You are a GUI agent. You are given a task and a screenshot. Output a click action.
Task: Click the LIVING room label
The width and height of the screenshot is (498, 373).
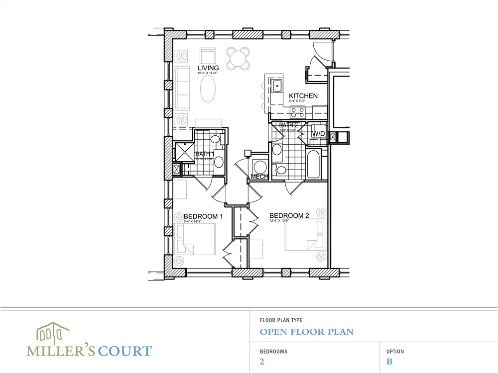point(208,68)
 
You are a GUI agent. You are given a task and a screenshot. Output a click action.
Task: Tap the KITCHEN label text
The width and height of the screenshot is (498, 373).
point(303,96)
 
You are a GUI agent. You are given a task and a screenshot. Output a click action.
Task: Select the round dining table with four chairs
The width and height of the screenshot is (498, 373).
point(238,58)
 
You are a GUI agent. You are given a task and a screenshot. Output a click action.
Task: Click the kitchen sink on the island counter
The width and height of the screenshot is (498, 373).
point(277,85)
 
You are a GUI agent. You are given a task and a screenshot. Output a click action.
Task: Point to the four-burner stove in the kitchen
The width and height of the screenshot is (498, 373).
point(298,112)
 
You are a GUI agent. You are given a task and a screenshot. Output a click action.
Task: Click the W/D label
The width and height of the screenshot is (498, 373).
point(318,134)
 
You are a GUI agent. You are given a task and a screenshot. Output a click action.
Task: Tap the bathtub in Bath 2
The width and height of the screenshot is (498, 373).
point(313,165)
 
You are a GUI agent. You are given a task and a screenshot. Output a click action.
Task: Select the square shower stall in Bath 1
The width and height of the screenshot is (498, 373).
point(184,152)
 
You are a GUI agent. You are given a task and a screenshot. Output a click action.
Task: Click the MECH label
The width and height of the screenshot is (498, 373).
point(259,177)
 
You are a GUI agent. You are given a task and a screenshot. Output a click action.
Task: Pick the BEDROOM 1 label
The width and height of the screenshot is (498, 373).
point(203,216)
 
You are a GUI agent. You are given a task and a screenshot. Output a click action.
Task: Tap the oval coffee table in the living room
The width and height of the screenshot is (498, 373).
point(209,88)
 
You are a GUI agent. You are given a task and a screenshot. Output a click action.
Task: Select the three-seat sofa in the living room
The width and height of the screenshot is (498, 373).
point(182,89)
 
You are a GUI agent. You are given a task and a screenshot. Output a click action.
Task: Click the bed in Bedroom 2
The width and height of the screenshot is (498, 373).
point(305,237)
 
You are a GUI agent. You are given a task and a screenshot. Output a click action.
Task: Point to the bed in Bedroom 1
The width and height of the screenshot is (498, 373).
point(195,239)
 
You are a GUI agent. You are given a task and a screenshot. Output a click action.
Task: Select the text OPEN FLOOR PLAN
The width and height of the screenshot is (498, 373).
point(306,332)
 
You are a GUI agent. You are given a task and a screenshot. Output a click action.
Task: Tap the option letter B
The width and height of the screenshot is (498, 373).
point(389,362)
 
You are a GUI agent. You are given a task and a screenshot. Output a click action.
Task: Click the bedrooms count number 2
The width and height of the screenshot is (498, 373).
point(262,362)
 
